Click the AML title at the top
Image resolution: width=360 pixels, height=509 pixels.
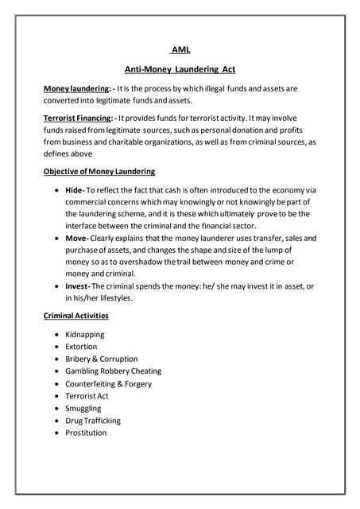[180, 49]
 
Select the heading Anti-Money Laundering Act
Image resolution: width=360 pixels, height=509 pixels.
[180, 70]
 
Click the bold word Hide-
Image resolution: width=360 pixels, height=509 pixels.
[75, 191]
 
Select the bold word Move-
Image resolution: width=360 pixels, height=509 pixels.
[77, 239]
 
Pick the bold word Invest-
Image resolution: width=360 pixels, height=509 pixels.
[78, 286]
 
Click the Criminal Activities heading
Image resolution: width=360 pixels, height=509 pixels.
[75, 316]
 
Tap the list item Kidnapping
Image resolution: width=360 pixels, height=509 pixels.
[86, 335]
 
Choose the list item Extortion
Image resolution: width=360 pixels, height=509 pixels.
[81, 347]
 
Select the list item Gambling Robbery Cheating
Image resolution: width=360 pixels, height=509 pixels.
[113, 371]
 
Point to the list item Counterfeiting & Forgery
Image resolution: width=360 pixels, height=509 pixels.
[109, 383]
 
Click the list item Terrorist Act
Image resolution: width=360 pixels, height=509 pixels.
[87, 395]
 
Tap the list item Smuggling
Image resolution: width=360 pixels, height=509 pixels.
[83, 408]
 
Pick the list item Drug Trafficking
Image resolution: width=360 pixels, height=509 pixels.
[93, 420]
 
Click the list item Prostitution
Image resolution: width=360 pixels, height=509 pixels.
[85, 433]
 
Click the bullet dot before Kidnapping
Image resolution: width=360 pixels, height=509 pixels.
[55, 335]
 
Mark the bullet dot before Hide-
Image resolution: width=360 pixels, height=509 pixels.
[55, 191]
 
